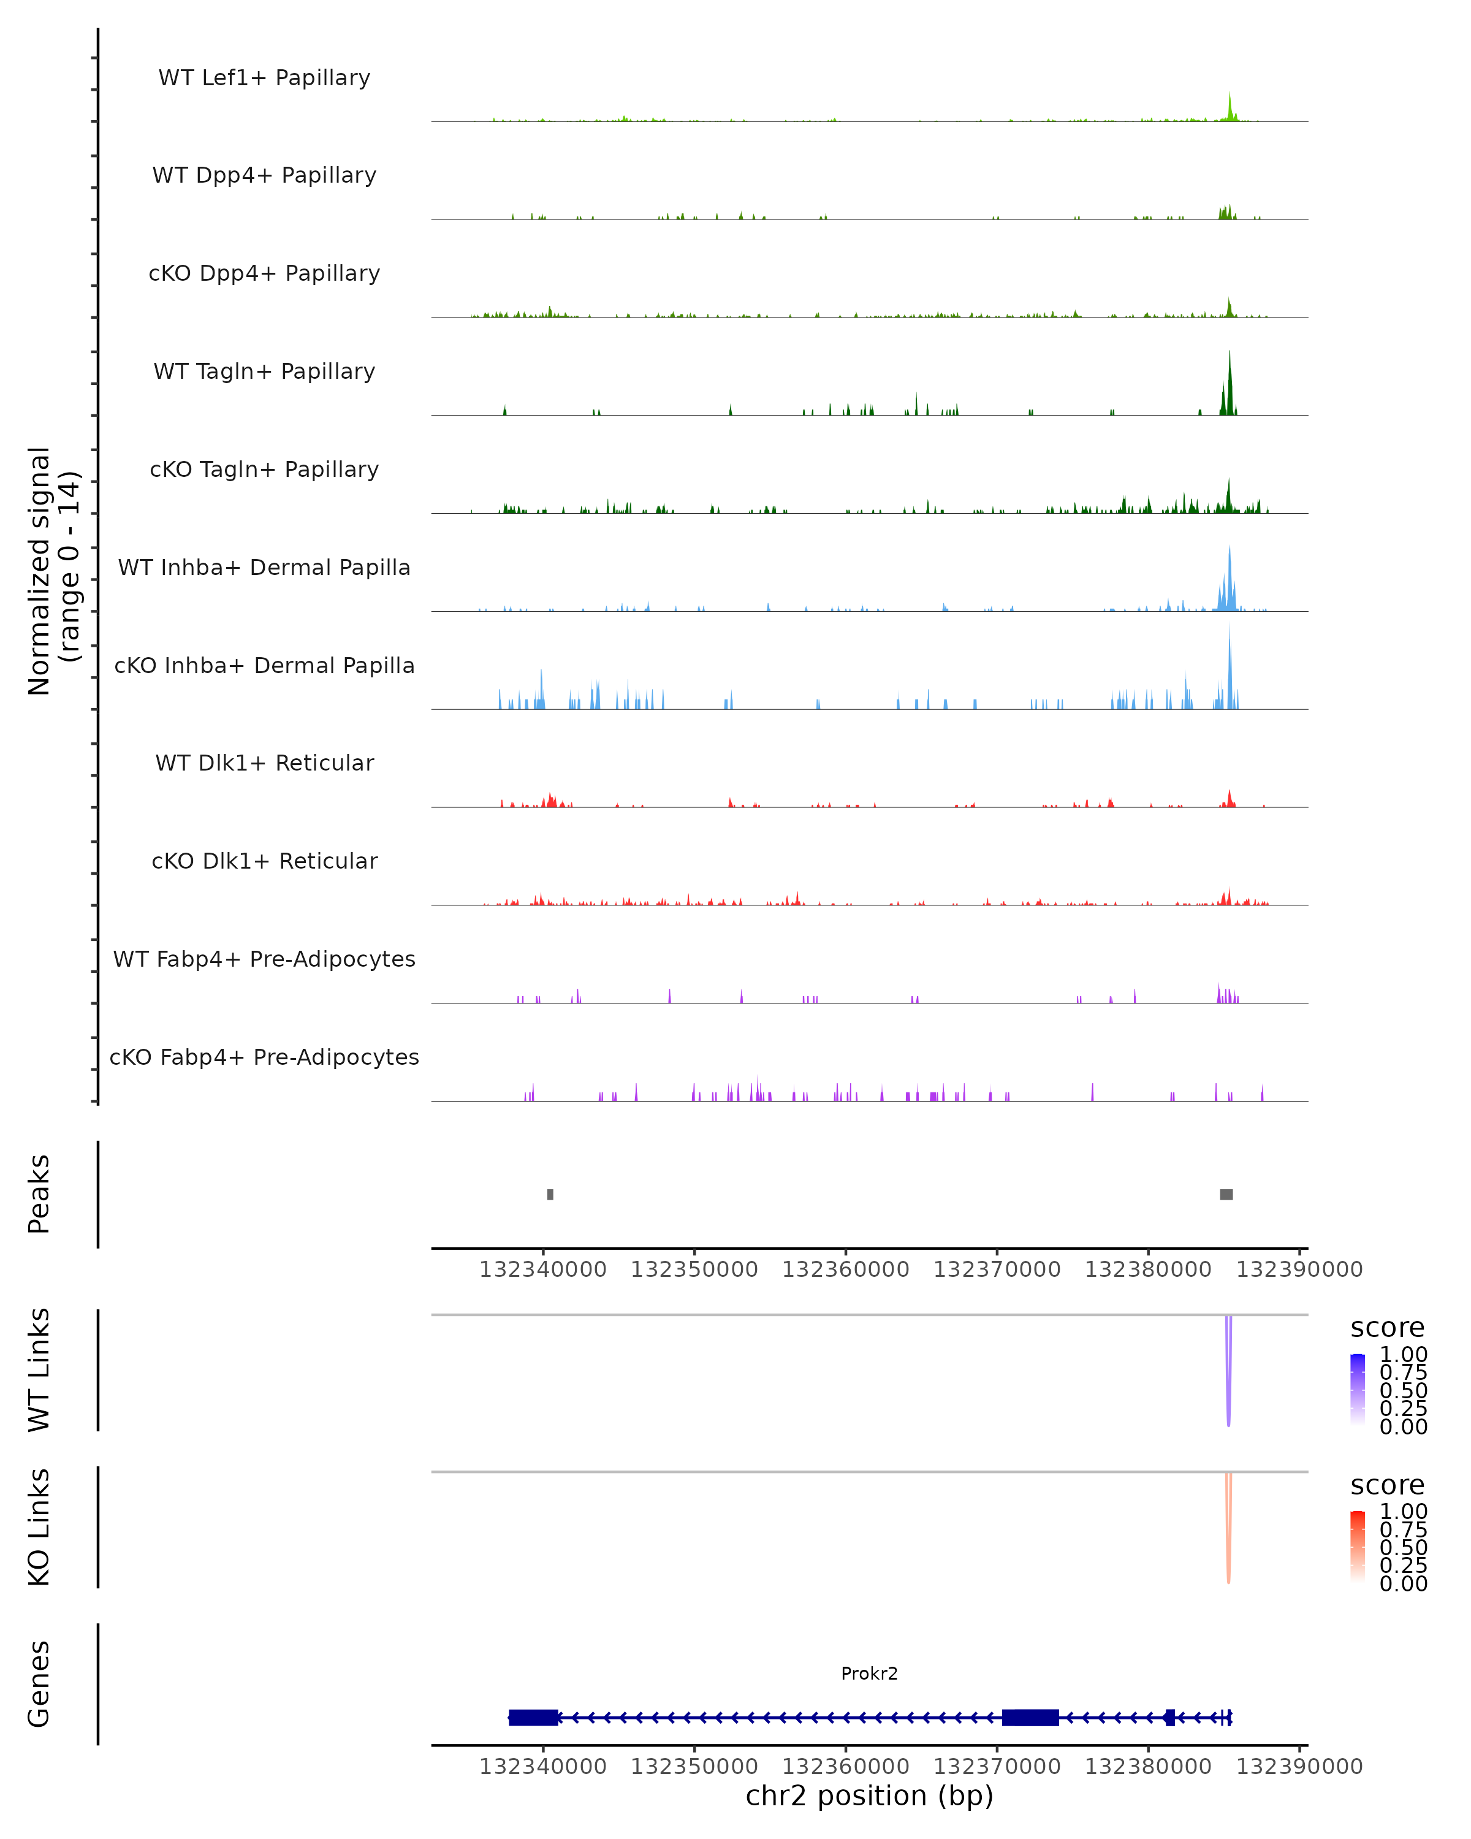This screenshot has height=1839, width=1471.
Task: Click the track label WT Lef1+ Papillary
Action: pos(264,78)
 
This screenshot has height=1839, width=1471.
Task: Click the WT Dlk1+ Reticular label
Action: pos(264,763)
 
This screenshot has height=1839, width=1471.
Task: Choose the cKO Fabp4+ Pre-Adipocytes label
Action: pos(264,1057)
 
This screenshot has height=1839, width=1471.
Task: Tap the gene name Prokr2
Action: pos(869,1673)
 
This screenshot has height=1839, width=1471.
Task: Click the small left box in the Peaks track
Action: pos(550,1194)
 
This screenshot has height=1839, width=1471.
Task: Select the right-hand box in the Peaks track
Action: pos(1226,1194)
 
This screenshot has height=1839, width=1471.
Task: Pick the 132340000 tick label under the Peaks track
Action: pos(542,1270)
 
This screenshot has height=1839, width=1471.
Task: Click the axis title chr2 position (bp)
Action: pos(869,1795)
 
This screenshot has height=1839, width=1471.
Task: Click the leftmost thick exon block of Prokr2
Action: pos(533,1717)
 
